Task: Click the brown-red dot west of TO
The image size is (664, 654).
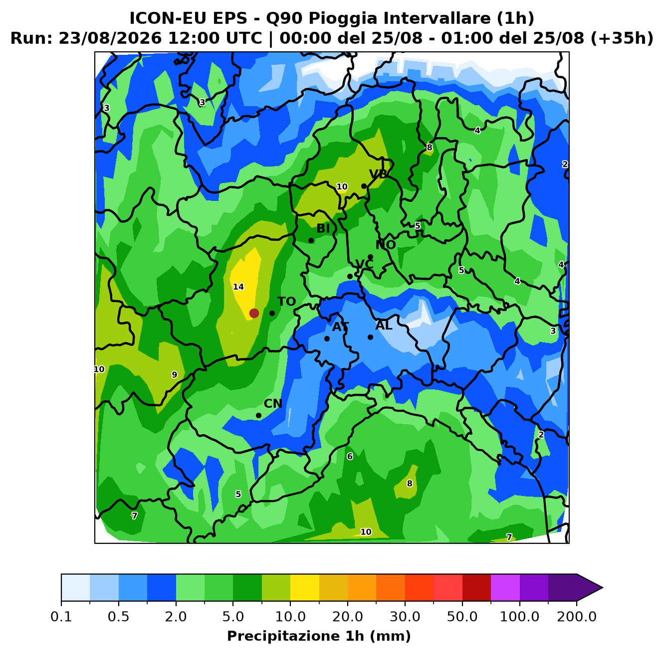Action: pos(254,313)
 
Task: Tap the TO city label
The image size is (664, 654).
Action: pos(287,302)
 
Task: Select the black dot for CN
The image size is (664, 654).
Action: pos(258,415)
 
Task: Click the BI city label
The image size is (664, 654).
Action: pos(323,228)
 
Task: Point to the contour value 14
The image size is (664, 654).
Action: pos(238,287)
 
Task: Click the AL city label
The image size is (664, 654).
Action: pos(384,326)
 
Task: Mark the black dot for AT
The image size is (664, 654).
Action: pos(327,338)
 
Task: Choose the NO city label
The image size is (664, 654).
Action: pos(386,245)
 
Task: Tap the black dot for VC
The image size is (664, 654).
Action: pos(350,276)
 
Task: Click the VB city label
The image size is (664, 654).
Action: pos(378,174)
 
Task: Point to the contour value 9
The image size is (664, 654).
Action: pos(174,375)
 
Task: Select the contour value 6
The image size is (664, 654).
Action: pos(350,456)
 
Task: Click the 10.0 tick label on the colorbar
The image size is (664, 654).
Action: pos(290,617)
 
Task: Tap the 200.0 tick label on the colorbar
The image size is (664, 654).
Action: pos(577,617)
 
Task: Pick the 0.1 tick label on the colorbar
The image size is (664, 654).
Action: pos(61,617)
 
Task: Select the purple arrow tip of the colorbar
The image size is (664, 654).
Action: pos(603,588)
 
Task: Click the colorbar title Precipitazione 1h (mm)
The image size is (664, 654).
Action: pos(319,636)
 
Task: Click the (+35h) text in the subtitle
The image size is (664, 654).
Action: pos(622,38)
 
